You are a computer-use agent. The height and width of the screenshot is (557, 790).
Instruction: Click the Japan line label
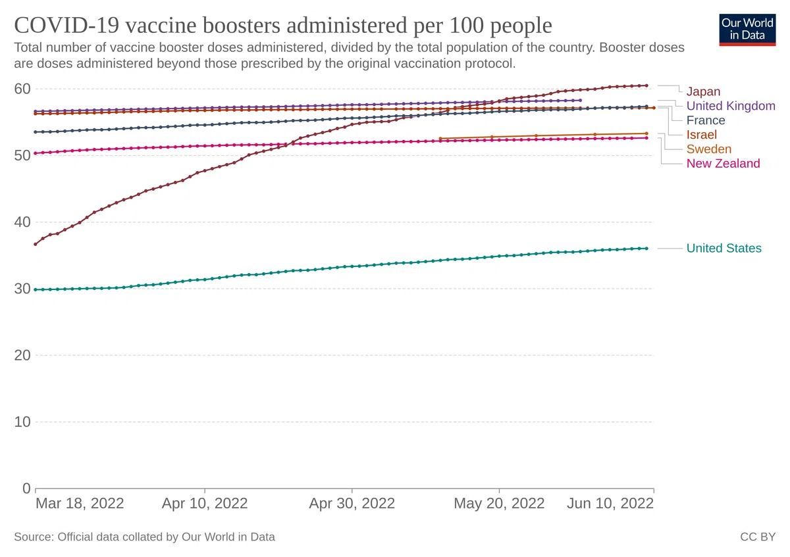click(x=703, y=91)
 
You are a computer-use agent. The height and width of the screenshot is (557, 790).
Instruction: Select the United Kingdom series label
click(x=731, y=106)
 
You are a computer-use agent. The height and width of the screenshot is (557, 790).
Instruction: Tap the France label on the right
click(x=706, y=120)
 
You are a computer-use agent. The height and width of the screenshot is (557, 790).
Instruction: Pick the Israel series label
click(x=702, y=135)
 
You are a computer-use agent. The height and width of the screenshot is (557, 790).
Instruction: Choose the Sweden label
click(x=709, y=149)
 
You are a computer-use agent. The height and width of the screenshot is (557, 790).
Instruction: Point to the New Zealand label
click(x=723, y=164)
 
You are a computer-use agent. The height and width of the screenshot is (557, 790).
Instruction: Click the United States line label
click(x=724, y=249)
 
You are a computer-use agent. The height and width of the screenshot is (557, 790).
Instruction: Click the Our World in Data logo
click(x=747, y=30)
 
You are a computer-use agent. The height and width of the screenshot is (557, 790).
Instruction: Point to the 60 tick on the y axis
click(x=22, y=89)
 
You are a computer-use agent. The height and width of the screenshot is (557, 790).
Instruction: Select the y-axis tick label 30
click(x=22, y=289)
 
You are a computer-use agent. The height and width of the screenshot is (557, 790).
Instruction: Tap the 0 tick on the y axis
click(x=26, y=489)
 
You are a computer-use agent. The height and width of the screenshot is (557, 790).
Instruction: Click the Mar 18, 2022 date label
click(x=80, y=504)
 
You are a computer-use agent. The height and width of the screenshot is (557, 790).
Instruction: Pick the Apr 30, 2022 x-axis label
click(x=352, y=504)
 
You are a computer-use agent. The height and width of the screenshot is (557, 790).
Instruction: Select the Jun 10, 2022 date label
click(x=610, y=504)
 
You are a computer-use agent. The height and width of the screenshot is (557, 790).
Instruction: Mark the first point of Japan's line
click(x=36, y=244)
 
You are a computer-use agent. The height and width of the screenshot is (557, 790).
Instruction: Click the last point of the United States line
click(x=646, y=249)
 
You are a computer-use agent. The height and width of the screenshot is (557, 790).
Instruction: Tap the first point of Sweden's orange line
click(x=440, y=139)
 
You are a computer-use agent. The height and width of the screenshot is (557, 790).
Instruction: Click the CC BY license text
click(x=758, y=537)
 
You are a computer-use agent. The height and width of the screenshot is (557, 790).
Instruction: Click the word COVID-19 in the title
click(x=66, y=26)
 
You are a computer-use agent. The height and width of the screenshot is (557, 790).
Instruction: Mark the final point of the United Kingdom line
click(x=580, y=101)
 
